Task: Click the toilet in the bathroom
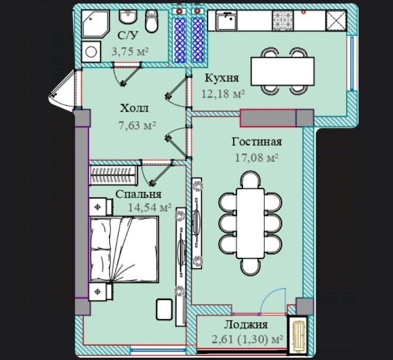point(152,21)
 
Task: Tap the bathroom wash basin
point(128,17)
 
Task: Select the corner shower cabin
point(96,24)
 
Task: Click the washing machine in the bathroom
point(91,52)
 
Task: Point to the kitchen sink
point(227,21)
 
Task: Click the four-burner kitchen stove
point(283,21)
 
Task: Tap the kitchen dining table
point(283,71)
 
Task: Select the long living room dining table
point(250,223)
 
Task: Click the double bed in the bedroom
point(124,250)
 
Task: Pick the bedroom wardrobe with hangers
point(114,175)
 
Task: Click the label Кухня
point(222,78)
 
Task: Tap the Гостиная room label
point(257,142)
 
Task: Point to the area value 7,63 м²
point(137,125)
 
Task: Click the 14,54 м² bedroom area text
point(150,207)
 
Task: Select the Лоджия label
point(246,325)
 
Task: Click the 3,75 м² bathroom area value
point(130,52)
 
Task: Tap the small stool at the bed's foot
point(164,309)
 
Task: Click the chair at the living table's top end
point(250,180)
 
